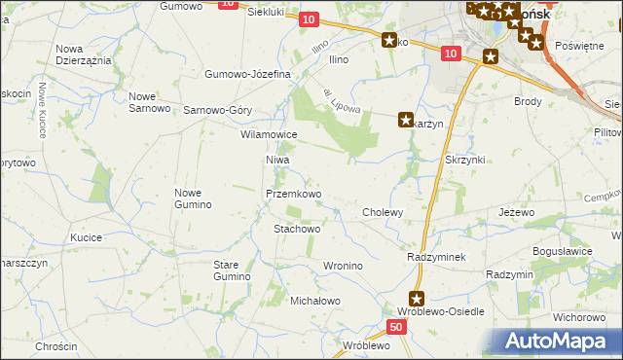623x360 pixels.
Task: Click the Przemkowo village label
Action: coord(294,195)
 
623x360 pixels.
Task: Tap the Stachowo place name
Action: coord(297,230)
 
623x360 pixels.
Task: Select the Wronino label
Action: coord(343,266)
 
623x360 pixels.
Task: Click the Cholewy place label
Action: coord(383,212)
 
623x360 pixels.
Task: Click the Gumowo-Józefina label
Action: coord(248,74)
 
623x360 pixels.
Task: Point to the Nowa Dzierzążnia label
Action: coord(83,54)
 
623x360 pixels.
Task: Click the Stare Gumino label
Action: coord(232,270)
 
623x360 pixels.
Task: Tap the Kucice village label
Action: coord(87,237)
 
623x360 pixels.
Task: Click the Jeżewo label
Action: coord(517,212)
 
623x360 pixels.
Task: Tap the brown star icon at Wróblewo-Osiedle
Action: coord(417,300)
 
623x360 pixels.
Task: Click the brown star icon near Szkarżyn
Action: coord(405,121)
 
